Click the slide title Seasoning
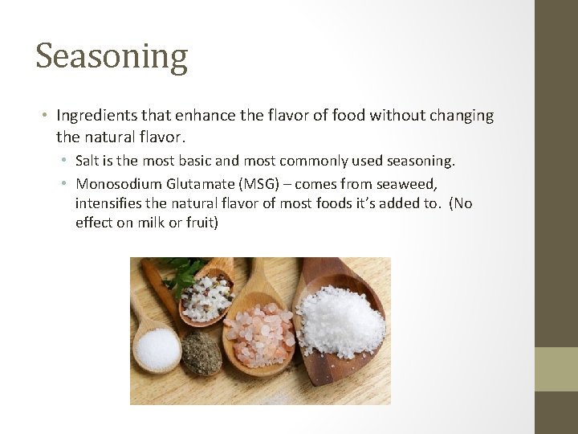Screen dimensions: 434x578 [x=112, y=56]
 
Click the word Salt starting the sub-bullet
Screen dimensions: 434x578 [x=89, y=162]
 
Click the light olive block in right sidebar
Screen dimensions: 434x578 [x=556, y=369]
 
